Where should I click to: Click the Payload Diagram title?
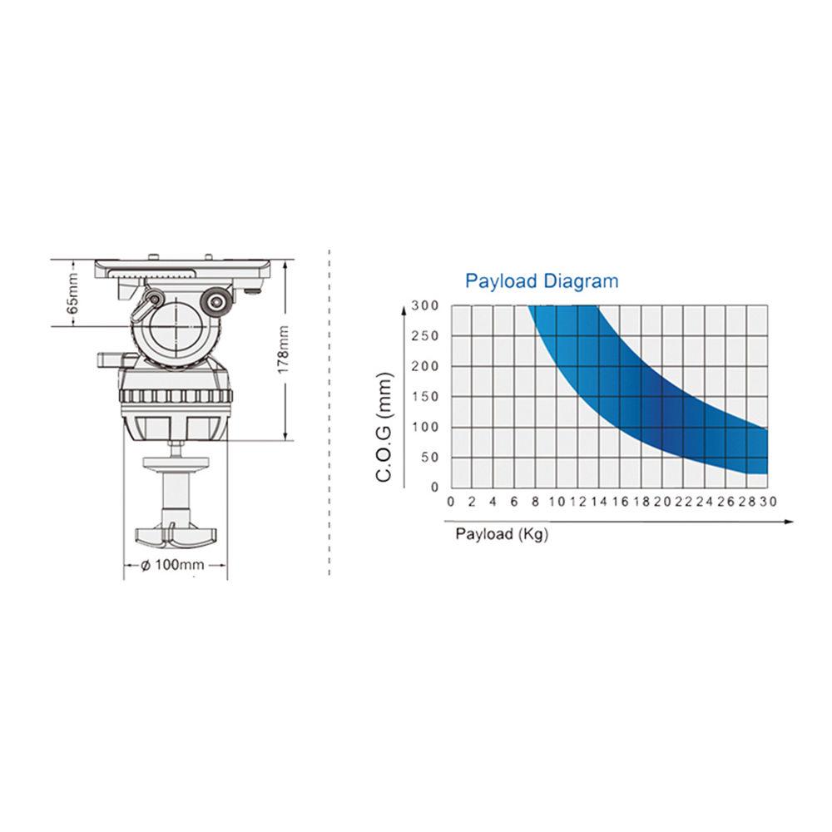[x=542, y=280]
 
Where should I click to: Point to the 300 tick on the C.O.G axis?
[x=425, y=305]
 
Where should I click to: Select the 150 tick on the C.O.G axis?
[x=425, y=396]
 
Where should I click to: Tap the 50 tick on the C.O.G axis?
[x=430, y=458]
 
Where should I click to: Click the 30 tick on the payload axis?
[x=768, y=502]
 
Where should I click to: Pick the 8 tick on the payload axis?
[x=535, y=502]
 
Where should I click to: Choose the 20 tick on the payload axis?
[x=662, y=502]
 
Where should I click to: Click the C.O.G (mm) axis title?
[x=384, y=427]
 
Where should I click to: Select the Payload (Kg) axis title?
[x=502, y=534]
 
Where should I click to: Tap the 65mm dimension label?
[x=72, y=293]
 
